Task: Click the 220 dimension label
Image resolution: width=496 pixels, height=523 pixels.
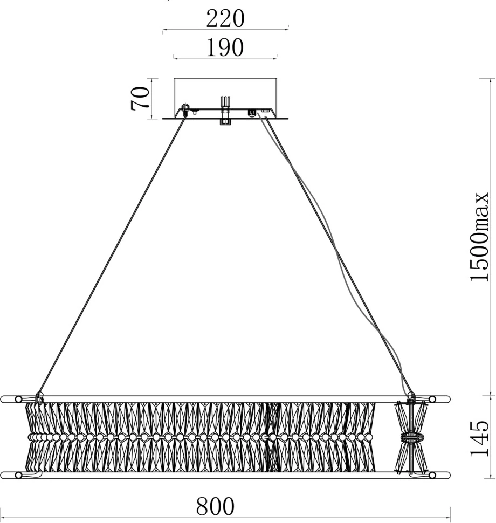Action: point(225,19)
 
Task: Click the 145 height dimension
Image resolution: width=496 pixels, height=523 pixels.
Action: point(479,438)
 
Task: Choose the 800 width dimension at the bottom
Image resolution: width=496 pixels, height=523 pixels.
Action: point(215,506)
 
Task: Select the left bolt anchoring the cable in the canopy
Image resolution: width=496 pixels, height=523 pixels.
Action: point(185,109)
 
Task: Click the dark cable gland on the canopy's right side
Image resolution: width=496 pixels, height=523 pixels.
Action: point(251,113)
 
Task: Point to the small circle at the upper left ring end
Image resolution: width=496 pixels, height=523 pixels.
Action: point(19,400)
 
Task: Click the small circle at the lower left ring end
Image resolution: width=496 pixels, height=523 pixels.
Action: point(19,476)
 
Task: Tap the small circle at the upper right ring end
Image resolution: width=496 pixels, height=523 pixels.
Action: point(432,400)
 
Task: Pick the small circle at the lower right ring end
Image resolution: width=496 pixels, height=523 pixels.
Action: point(432,476)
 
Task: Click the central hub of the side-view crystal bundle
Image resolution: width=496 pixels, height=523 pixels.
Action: point(411,437)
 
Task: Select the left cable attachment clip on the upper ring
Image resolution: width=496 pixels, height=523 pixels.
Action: point(39,397)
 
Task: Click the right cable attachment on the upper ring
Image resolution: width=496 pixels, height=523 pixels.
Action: point(411,397)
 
